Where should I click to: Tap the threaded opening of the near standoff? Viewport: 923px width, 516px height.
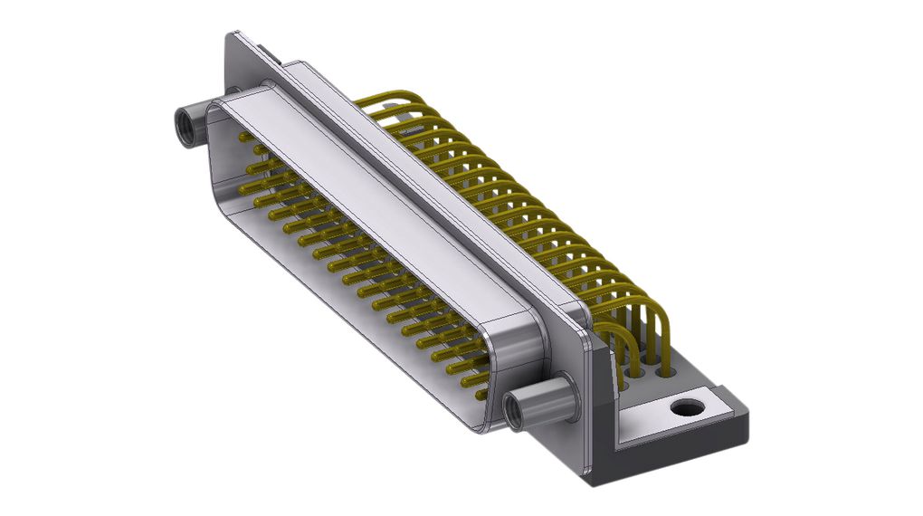click(x=512, y=413)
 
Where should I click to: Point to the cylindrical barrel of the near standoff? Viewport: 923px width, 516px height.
click(x=543, y=398)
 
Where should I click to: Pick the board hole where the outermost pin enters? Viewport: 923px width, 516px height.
click(x=668, y=371)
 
